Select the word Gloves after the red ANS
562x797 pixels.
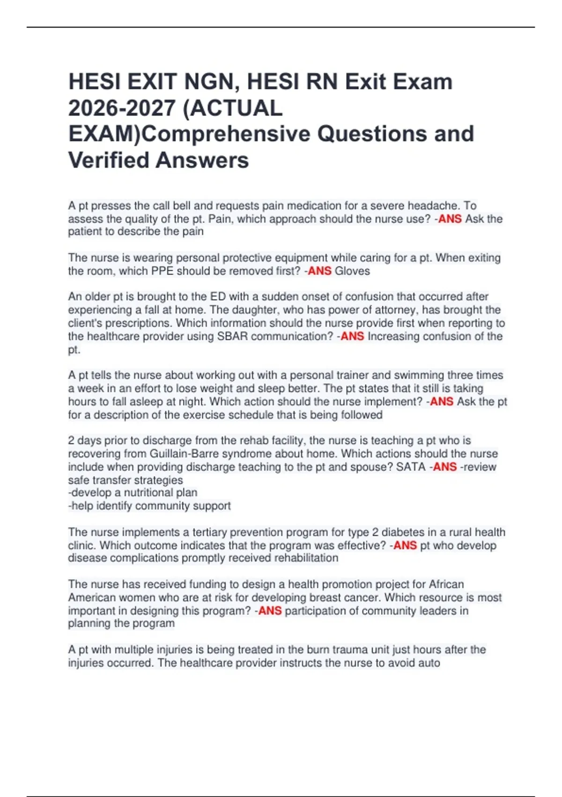click(x=352, y=271)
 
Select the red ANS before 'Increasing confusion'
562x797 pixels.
click(x=352, y=337)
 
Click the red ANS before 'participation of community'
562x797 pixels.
click(x=270, y=611)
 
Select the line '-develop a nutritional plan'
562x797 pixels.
click(x=133, y=493)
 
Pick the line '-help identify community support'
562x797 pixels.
click(x=149, y=506)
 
